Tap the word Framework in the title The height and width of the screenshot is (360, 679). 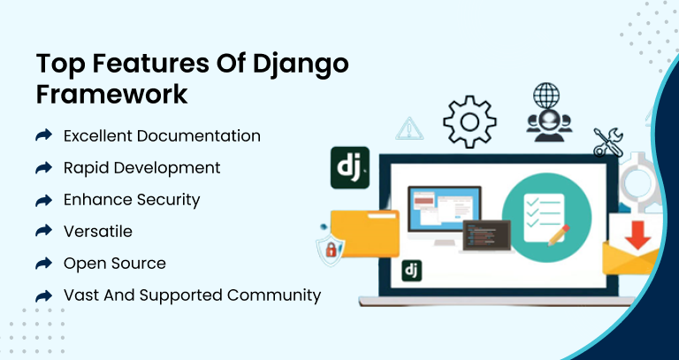point(111,94)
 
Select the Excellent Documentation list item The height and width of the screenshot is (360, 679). point(162,136)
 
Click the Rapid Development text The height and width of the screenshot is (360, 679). point(142,168)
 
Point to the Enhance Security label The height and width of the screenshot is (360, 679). point(132,200)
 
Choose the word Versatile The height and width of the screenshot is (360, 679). point(98,232)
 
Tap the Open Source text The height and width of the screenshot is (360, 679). point(115,264)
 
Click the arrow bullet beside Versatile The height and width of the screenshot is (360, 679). point(43,231)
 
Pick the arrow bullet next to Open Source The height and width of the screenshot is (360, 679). point(43,263)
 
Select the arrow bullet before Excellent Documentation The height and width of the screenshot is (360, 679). point(43,135)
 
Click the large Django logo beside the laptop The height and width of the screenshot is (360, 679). point(350,168)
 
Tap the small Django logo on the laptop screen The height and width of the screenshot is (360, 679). point(411,271)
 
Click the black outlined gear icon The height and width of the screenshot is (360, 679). point(469,123)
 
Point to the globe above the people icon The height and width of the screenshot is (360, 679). point(546,96)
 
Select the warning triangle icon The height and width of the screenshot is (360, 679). point(409,128)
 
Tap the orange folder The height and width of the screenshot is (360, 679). point(364,233)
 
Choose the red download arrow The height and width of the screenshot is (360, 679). point(637,234)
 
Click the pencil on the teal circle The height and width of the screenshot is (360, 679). point(559,235)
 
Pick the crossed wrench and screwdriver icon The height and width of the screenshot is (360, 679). point(608,142)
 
